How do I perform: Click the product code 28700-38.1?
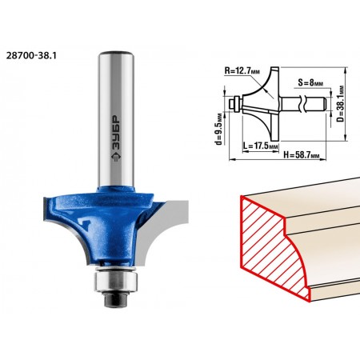[31, 55]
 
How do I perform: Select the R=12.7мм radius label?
[242, 71]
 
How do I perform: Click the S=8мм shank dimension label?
[310, 83]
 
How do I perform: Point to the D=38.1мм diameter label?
[340, 103]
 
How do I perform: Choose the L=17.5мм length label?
[261, 146]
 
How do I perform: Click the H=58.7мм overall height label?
[302, 154]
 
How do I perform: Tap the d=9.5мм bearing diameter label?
[219, 129]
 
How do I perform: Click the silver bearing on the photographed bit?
[116, 280]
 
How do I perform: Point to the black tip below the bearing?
[116, 299]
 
